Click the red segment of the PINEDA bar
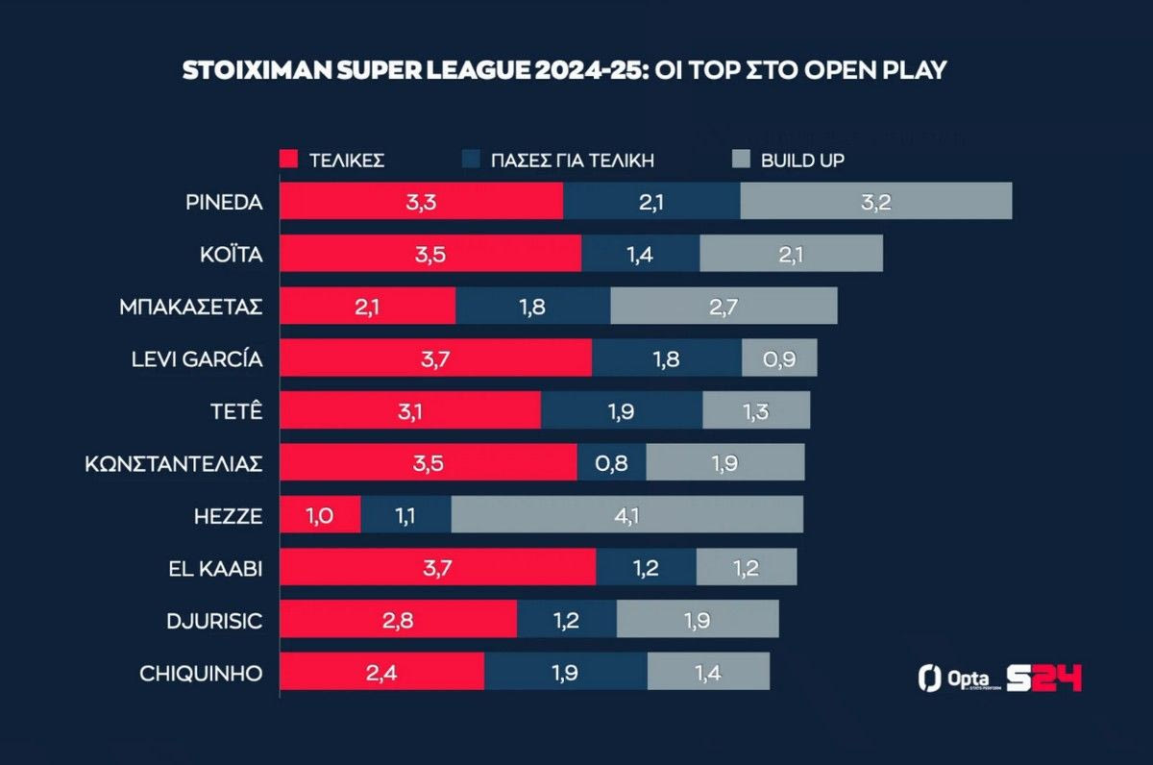click(421, 202)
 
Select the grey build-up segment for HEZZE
click(626, 514)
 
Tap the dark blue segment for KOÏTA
click(640, 254)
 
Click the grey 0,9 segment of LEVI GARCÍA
click(779, 358)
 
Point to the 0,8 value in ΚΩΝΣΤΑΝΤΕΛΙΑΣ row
click(611, 462)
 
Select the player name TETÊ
click(238, 410)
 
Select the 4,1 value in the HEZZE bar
click(626, 514)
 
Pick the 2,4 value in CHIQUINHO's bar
click(381, 672)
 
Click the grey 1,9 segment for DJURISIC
click(698, 620)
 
